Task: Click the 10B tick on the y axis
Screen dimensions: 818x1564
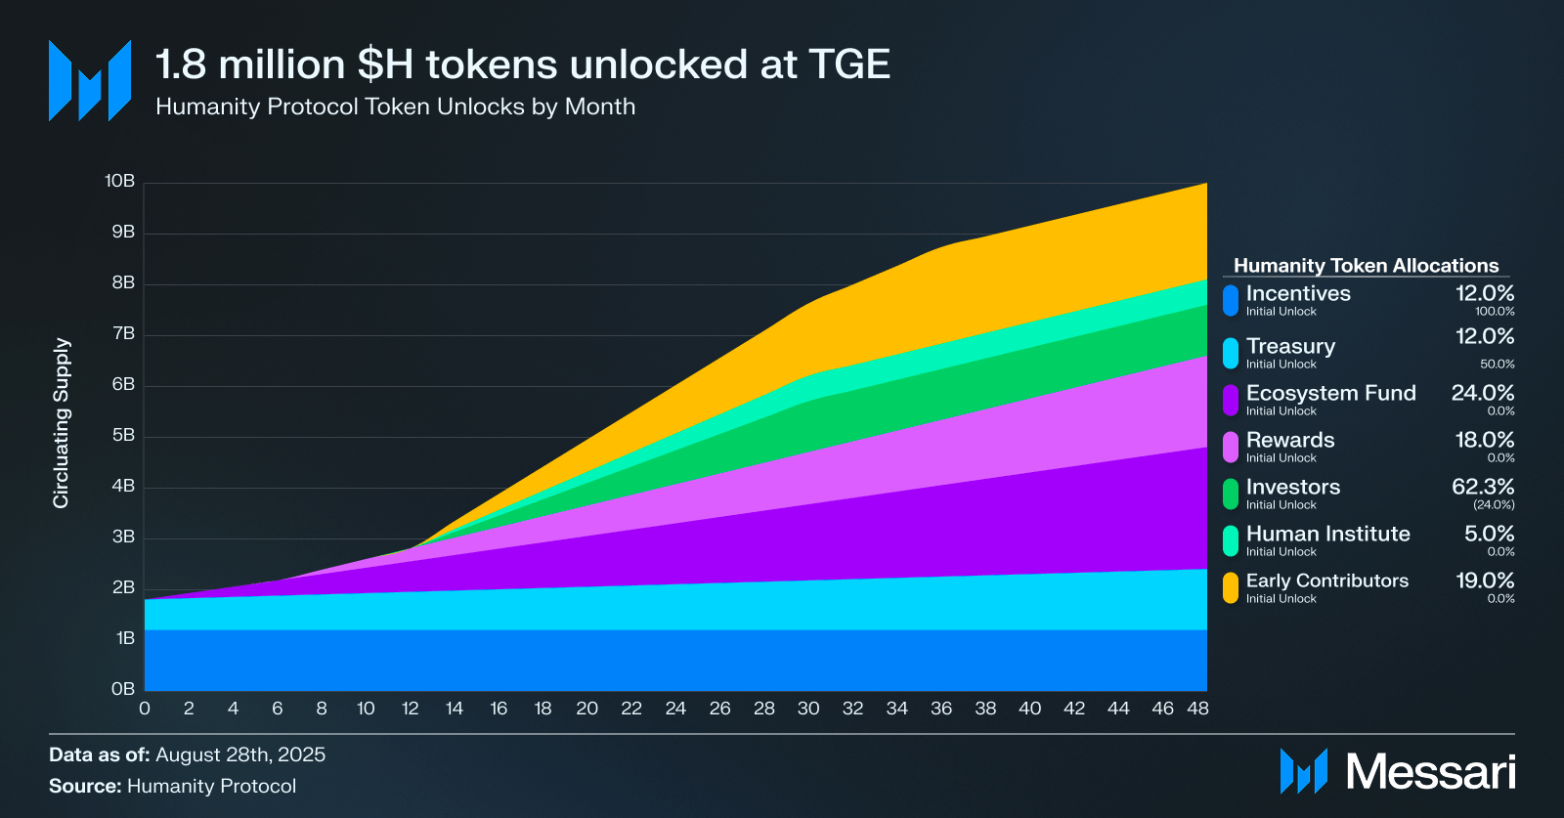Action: pos(119,182)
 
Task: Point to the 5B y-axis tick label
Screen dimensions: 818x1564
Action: pos(123,436)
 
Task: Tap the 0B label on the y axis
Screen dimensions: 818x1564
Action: pos(123,689)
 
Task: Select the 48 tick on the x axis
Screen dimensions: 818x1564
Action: pos(1197,709)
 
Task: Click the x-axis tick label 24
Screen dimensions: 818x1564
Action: pos(675,709)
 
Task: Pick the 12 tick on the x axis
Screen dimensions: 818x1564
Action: pos(410,709)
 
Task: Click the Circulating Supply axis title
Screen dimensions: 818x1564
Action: pos(62,423)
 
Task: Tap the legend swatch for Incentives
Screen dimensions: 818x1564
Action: pos(1231,300)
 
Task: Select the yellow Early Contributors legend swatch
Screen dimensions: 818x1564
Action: pos(1231,587)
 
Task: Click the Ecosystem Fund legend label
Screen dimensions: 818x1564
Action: pos(1330,393)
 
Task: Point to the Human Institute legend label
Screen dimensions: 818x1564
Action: pos(1327,534)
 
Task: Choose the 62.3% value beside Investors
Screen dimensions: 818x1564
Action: pos(1483,487)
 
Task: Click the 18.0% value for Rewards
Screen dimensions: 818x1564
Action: pos(1485,440)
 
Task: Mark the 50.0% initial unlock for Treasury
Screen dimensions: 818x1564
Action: pos(1497,365)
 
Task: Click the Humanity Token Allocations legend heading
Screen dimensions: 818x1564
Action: pos(1366,266)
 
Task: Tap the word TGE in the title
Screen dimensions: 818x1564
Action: pos(849,65)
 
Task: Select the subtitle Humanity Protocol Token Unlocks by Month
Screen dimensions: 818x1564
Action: pos(395,107)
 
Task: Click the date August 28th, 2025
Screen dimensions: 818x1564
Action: pos(240,754)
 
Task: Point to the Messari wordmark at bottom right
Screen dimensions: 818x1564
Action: pos(1431,772)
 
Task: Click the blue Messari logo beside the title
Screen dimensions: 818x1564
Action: pos(90,81)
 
